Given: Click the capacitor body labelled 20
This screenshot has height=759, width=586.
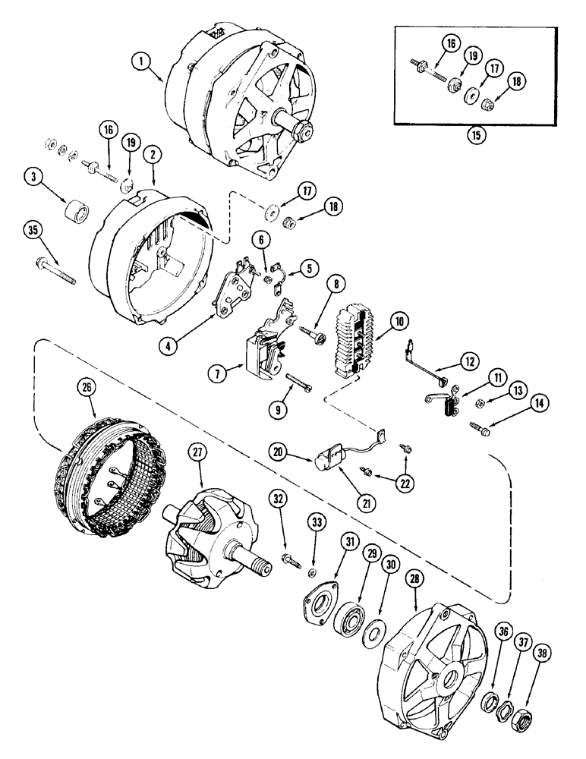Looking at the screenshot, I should (x=328, y=458).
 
